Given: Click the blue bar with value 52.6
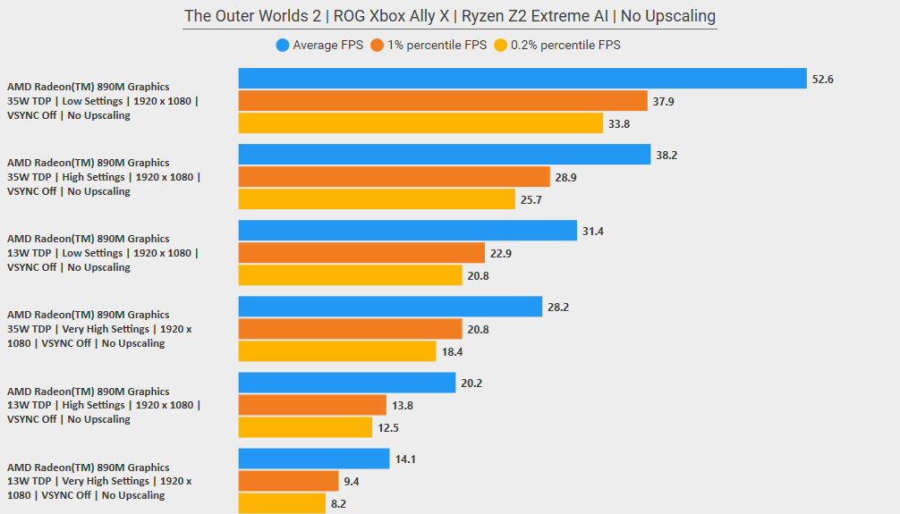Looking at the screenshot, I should click(x=522, y=79).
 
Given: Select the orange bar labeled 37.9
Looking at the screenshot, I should click(x=443, y=101).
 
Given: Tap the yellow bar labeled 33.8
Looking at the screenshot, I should click(x=420, y=123).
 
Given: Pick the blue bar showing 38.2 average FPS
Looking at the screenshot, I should click(x=445, y=155).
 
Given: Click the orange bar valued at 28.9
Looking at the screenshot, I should click(x=394, y=177).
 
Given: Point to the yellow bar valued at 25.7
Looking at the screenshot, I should click(x=377, y=199).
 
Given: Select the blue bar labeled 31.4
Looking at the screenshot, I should click(x=408, y=231).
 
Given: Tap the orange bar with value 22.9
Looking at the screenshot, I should click(x=361, y=253).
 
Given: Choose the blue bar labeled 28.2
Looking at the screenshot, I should click(x=390, y=307).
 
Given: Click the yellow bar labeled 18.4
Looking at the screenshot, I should click(x=337, y=351).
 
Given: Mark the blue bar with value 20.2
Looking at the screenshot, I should click(x=347, y=383).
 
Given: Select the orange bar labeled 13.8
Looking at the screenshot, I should click(x=312, y=405).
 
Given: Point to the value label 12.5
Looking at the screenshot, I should click(x=389, y=428).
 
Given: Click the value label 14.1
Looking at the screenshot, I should click(x=404, y=459).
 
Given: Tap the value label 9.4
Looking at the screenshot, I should click(x=352, y=482).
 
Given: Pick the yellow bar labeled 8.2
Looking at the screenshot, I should click(x=282, y=503).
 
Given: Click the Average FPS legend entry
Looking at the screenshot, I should click(x=319, y=45).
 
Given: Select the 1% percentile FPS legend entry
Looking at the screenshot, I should click(x=429, y=45).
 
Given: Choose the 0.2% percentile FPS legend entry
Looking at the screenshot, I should click(x=556, y=45).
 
